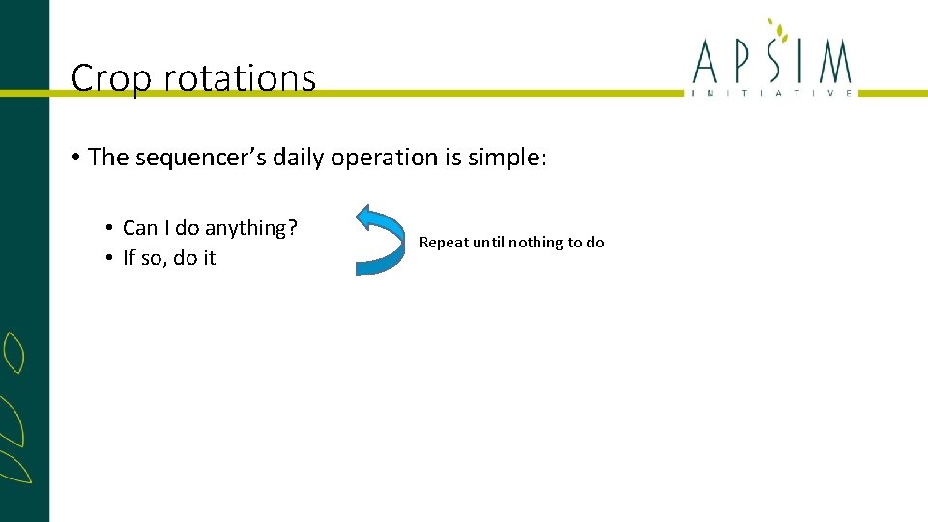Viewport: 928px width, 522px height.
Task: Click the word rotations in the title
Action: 240,78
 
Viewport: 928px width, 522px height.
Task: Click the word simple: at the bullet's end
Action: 508,158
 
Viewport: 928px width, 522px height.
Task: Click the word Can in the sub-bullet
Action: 140,228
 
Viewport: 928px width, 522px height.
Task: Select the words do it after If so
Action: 194,258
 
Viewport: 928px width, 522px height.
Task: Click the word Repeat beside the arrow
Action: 444,243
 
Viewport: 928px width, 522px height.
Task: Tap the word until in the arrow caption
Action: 489,243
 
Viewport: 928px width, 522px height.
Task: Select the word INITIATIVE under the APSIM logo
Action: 771,93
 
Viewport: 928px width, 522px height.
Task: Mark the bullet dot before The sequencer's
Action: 75,159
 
